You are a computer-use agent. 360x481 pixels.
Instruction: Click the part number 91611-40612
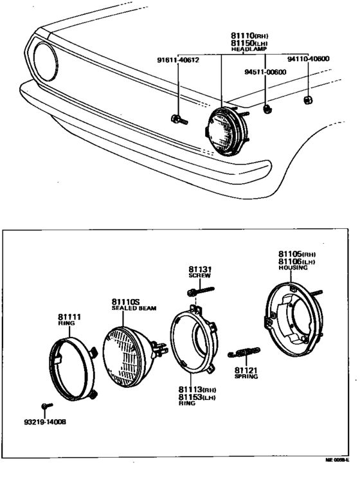click(x=178, y=60)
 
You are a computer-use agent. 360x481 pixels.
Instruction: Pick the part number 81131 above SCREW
click(x=200, y=269)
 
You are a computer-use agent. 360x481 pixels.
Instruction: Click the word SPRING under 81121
click(x=246, y=377)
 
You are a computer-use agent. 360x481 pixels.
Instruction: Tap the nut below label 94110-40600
click(x=308, y=100)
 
